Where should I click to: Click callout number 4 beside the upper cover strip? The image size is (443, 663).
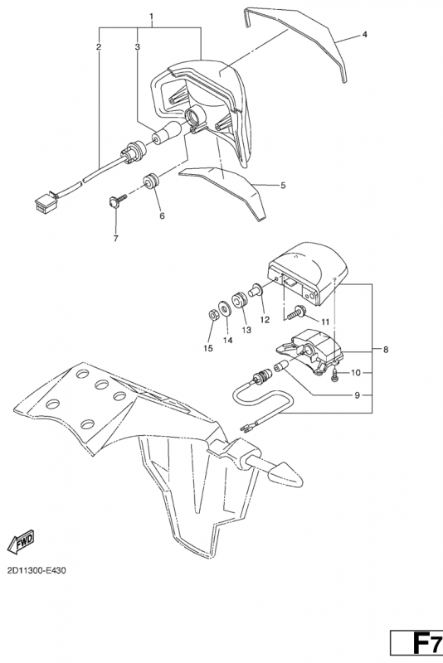point(365,34)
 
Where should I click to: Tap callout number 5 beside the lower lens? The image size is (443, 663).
point(283,185)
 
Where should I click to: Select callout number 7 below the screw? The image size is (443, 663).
point(116,239)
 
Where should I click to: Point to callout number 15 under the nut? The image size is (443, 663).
point(207,348)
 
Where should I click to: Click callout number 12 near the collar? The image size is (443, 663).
point(265,320)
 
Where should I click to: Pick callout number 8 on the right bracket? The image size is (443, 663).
point(386,350)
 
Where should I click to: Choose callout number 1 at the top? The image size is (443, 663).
point(152,17)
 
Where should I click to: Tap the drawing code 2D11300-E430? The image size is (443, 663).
point(37,570)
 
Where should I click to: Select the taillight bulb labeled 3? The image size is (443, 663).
point(167,133)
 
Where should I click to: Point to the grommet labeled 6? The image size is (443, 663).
point(150,181)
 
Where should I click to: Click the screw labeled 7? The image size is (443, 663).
point(116,201)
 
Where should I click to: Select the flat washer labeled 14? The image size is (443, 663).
point(225,307)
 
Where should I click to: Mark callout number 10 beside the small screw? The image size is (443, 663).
point(355,372)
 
